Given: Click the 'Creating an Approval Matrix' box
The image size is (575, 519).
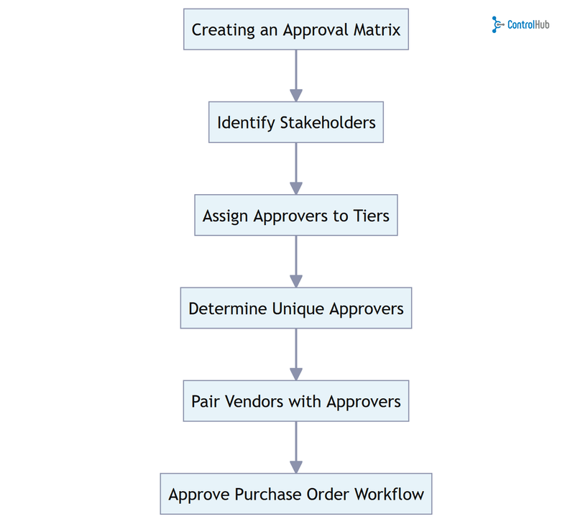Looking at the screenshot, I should [x=295, y=29].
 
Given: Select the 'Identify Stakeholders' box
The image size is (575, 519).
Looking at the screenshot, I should [x=295, y=122].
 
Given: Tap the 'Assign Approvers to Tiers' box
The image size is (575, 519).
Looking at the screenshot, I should [x=295, y=215].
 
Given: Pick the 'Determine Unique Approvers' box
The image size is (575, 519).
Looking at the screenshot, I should [x=295, y=308].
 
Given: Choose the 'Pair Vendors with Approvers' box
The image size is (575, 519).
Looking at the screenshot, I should [x=295, y=400].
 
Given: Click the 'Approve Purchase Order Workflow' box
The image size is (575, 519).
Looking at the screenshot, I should [x=295, y=494].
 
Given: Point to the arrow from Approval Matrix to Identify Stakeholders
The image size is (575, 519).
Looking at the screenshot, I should [x=295, y=75].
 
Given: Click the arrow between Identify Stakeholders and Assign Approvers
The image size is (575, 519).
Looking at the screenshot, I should [x=295, y=167].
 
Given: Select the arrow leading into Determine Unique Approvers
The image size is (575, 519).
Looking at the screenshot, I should [x=295, y=261].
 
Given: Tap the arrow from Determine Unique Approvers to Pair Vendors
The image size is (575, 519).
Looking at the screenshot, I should [x=295, y=354].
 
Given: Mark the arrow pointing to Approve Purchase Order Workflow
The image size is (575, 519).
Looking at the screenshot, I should [x=295, y=446].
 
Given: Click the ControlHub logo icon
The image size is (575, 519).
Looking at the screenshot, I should [x=498, y=24].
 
